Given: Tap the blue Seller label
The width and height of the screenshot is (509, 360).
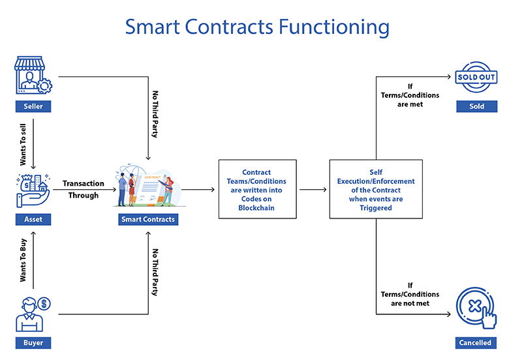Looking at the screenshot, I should coord(33,106).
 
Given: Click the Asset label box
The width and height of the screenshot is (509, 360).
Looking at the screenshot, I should coord(33,220).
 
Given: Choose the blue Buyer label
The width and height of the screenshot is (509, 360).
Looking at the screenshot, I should coord(33,342).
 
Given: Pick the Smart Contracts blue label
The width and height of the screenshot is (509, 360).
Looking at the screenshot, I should coord(148,220).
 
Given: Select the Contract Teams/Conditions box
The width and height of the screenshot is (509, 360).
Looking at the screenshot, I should coord(257,189).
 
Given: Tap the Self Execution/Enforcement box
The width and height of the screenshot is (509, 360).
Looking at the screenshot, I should coord(375,189).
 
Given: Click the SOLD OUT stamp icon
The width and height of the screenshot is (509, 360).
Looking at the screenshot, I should coord(476,77).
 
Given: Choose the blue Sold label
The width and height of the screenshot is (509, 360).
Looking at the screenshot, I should coord(476,106).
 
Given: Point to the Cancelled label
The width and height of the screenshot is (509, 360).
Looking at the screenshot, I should coord(475,342).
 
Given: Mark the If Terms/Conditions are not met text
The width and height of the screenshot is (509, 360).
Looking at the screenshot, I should coord(410,294).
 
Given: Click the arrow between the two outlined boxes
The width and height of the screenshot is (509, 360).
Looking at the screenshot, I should coord(313,190).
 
